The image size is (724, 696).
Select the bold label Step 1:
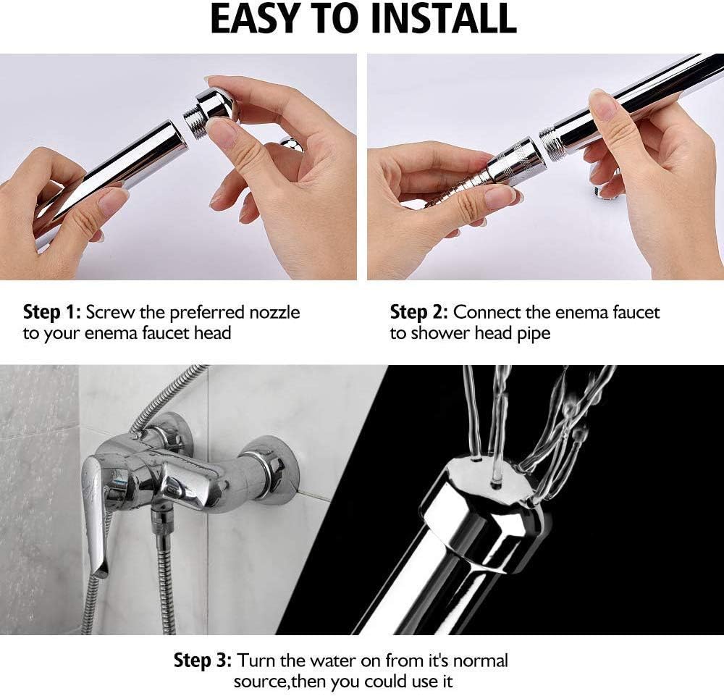pyautogui.click(x=52, y=313)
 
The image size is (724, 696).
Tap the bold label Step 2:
pyautogui.click(x=419, y=313)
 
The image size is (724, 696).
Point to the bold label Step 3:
pyautogui.click(x=203, y=661)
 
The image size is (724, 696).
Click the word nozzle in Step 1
pyautogui.click(x=274, y=313)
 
